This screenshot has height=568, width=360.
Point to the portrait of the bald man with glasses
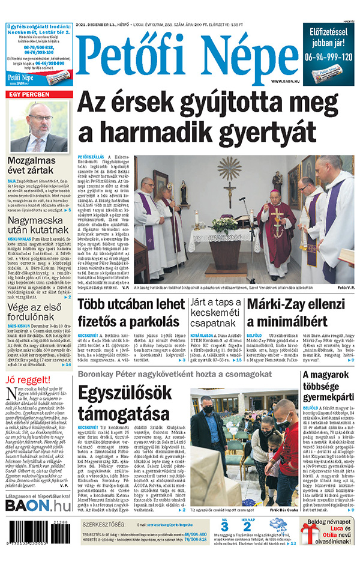click(x=40, y=127)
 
